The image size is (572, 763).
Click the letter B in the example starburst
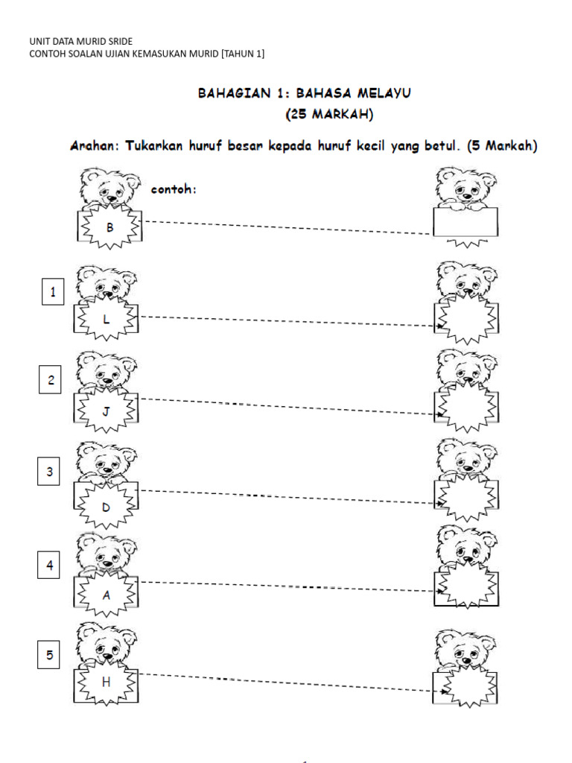pyautogui.click(x=109, y=229)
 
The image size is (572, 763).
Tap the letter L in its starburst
pyautogui.click(x=106, y=320)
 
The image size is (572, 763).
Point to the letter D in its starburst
pyautogui.click(x=106, y=507)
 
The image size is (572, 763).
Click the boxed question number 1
pyautogui.click(x=52, y=293)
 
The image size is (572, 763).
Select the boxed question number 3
pyautogui.click(x=50, y=472)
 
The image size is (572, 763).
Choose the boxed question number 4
pyautogui.click(x=51, y=566)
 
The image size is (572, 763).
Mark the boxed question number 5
pyautogui.click(x=51, y=656)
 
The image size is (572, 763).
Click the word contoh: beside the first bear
pyautogui.click(x=174, y=189)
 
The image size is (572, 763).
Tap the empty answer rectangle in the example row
pyautogui.click(x=465, y=222)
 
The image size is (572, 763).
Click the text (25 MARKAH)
pyautogui.click(x=330, y=115)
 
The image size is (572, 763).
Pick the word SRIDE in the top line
pyautogui.click(x=119, y=41)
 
